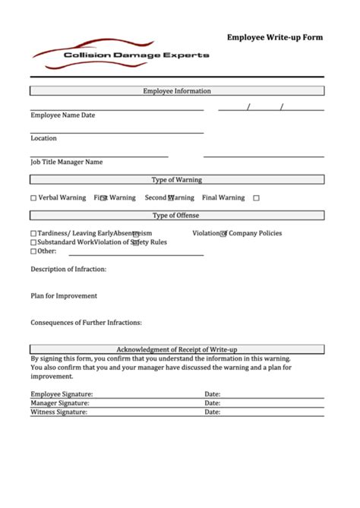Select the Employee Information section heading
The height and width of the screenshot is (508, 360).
tap(177, 91)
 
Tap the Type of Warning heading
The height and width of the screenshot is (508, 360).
tap(177, 180)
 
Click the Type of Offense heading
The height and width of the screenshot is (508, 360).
tap(177, 216)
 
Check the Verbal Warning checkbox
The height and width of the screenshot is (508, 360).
tap(33, 198)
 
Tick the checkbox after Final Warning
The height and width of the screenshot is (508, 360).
tap(256, 198)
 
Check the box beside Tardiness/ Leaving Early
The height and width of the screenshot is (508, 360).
tap(33, 234)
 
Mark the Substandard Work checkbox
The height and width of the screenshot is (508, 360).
tap(33, 242)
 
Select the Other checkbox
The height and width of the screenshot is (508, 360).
tap(33, 251)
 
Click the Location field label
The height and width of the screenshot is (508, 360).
tap(43, 138)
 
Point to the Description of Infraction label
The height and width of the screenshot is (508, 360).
tap(68, 269)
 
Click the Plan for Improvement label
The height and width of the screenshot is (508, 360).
tap(64, 295)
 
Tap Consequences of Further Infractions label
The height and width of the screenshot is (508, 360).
tap(86, 322)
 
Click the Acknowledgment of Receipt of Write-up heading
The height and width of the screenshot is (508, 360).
tap(177, 349)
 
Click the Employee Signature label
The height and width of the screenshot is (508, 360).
tap(62, 394)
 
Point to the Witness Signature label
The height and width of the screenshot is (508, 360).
tap(59, 412)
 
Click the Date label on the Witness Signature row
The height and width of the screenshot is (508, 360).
tap(212, 412)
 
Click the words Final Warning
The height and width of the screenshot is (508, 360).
tap(223, 197)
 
